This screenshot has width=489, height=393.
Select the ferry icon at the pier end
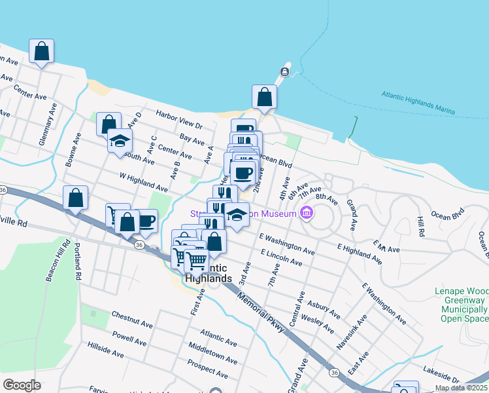click(x=285, y=71)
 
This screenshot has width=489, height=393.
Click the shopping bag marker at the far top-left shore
click(x=41, y=51)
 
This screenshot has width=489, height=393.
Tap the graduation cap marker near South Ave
click(x=120, y=141)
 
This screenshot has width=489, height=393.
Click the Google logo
click(x=22, y=384)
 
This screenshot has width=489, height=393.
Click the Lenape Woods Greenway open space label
click(x=463, y=304)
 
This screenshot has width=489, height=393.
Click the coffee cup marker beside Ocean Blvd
click(x=243, y=173)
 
